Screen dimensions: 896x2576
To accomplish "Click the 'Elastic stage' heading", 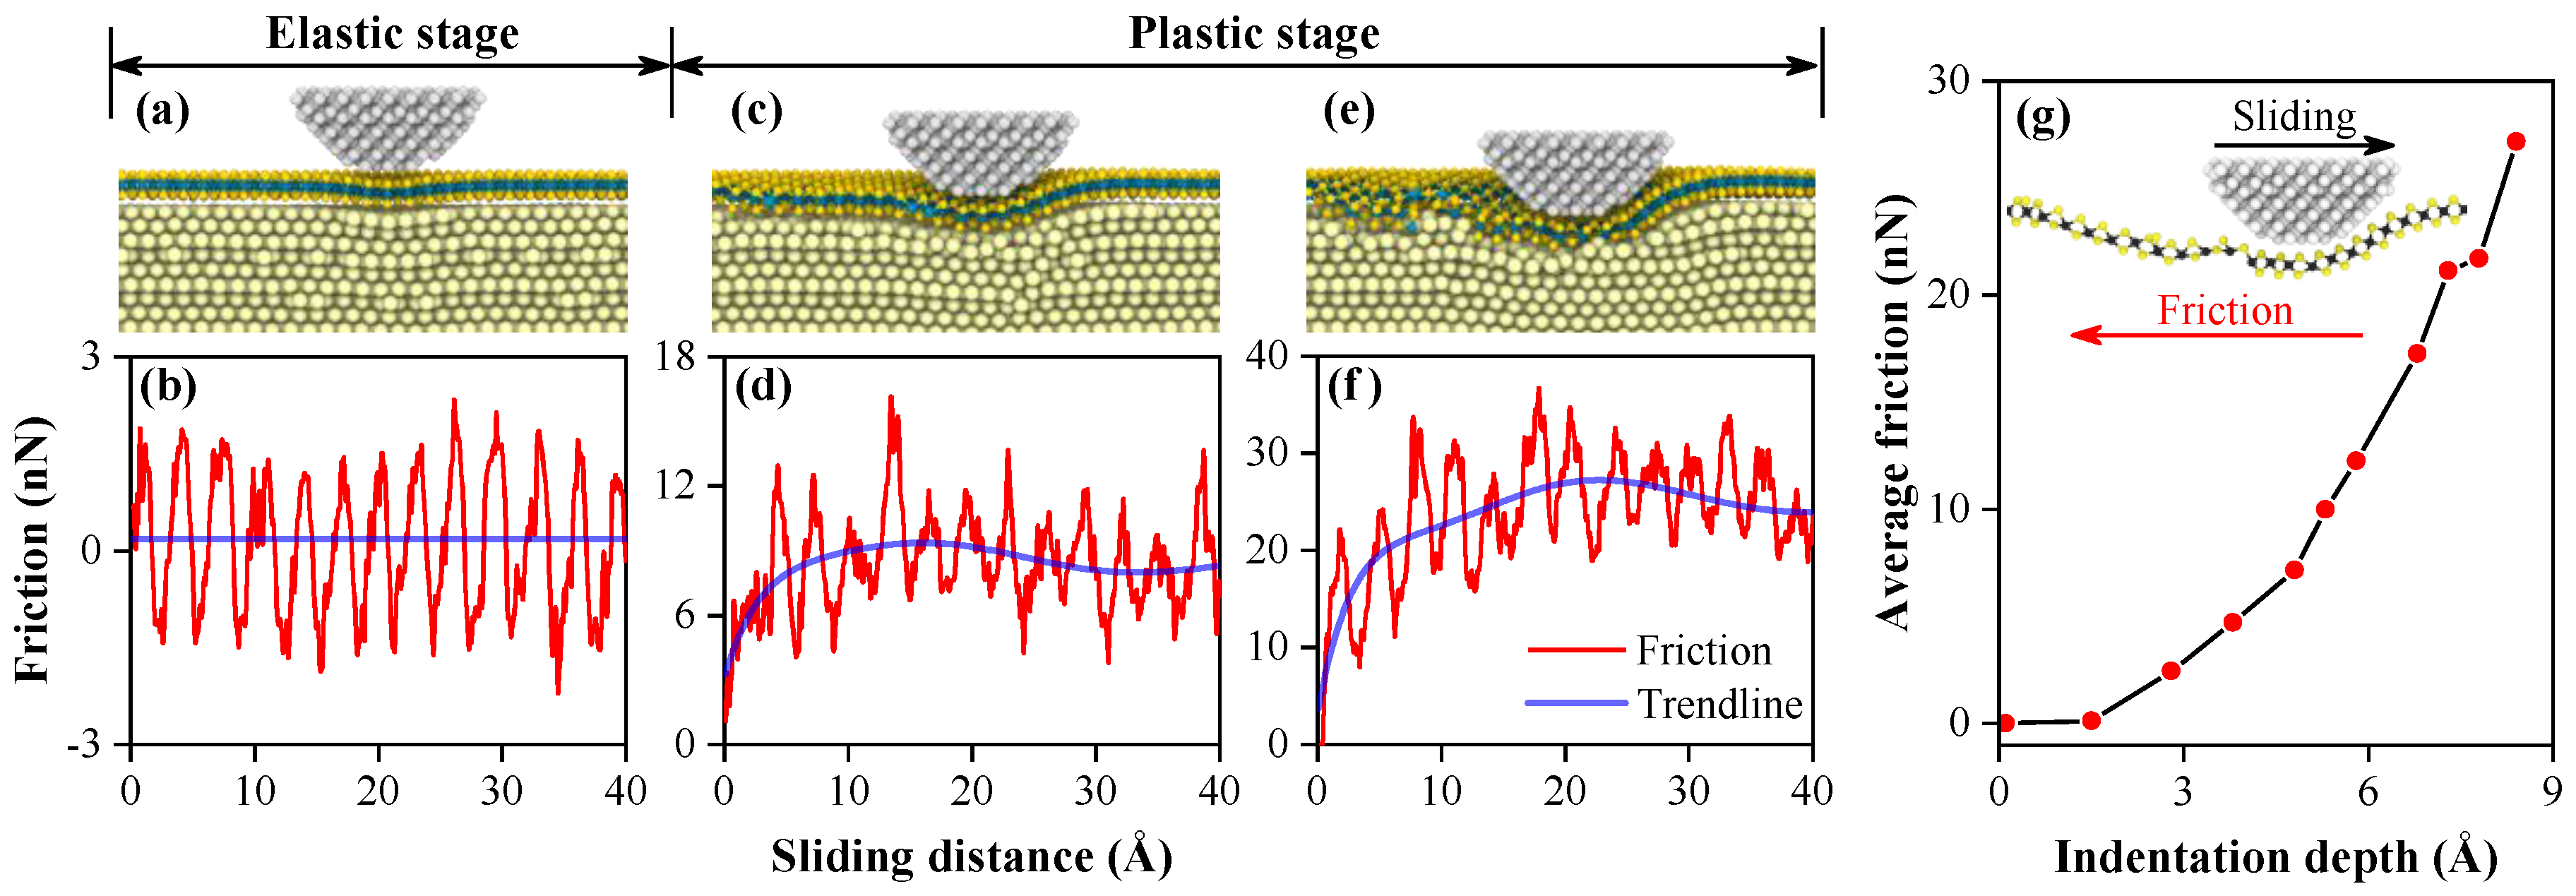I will (392, 34).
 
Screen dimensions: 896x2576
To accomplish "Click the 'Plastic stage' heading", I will (1254, 34).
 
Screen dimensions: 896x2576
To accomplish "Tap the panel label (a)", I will (162, 110).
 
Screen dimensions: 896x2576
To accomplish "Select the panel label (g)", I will (2042, 118).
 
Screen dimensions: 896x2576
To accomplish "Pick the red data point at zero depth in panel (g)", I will (2005, 723).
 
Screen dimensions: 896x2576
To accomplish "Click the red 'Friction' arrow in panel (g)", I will (2216, 335).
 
